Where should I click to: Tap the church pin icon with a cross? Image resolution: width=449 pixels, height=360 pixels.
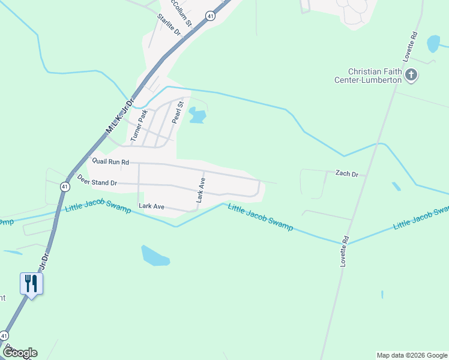pos(411,75)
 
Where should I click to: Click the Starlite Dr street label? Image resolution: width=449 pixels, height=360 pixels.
pos(169,24)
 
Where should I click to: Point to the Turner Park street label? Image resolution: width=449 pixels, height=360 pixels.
pos(139,124)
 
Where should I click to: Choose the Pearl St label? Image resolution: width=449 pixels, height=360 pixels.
pos(176,112)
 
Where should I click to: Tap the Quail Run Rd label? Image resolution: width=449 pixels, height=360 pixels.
pos(110,161)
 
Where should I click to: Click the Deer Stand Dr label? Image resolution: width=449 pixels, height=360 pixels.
pos(97,180)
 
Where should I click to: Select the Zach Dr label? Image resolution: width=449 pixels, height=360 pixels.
pos(346,174)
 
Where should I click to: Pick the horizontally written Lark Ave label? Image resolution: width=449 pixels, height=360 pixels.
pos(151,206)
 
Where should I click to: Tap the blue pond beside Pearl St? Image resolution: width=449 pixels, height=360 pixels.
pos(196,115)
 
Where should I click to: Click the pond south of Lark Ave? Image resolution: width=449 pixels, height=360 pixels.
pos(155,256)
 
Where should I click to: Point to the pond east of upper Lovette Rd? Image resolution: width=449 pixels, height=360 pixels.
pos(433,43)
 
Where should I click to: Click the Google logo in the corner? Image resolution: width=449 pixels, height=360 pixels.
pos(20,353)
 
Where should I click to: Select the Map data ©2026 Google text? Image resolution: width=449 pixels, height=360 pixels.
pos(411,355)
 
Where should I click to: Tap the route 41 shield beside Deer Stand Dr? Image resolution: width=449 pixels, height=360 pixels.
pos(64,187)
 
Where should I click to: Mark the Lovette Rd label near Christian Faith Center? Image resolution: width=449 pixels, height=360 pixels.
pos(410,47)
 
